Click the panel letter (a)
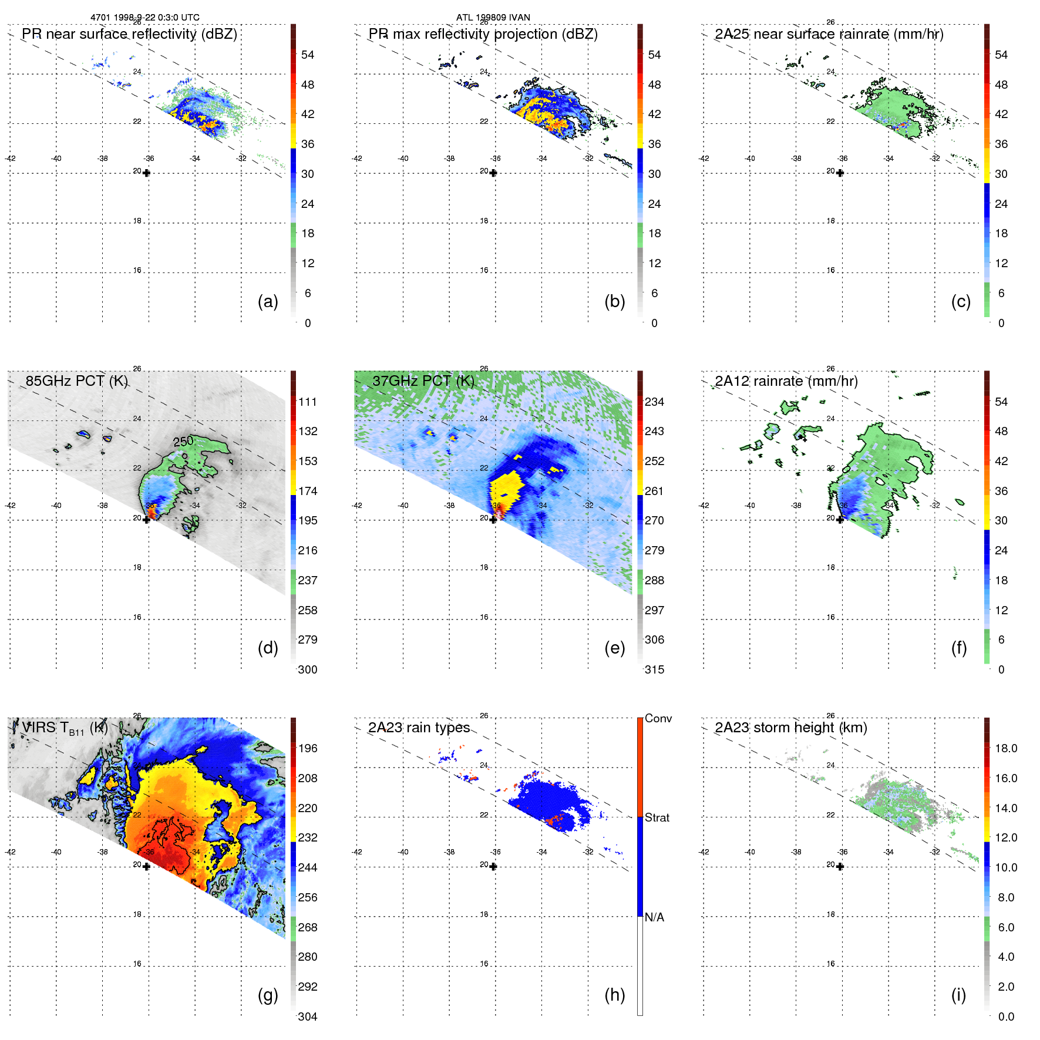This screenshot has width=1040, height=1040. [267, 301]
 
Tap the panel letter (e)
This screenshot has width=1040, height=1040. [614, 648]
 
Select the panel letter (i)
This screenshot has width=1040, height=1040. [958, 995]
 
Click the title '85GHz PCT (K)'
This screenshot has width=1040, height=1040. [76, 381]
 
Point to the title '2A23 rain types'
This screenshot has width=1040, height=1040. [419, 728]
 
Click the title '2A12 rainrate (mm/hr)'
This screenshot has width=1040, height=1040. [786, 381]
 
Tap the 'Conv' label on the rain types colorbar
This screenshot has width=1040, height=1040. [658, 718]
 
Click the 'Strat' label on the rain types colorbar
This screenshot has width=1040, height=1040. [657, 817]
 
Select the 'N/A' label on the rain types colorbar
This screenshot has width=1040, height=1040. [654, 917]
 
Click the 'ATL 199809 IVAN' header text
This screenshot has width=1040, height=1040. [493, 17]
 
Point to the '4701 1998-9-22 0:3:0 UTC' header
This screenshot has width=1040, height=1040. [144, 17]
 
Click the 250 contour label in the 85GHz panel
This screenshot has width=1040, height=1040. [183, 441]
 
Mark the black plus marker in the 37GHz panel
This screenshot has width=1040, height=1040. [493, 520]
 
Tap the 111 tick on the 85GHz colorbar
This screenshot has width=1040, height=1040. [308, 402]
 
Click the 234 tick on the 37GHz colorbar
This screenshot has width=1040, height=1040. [654, 402]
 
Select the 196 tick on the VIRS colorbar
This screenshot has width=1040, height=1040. [308, 748]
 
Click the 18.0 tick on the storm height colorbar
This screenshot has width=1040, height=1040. [1005, 748]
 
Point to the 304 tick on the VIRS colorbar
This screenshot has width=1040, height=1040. [308, 1017]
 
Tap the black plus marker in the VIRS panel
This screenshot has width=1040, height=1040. [147, 866]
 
